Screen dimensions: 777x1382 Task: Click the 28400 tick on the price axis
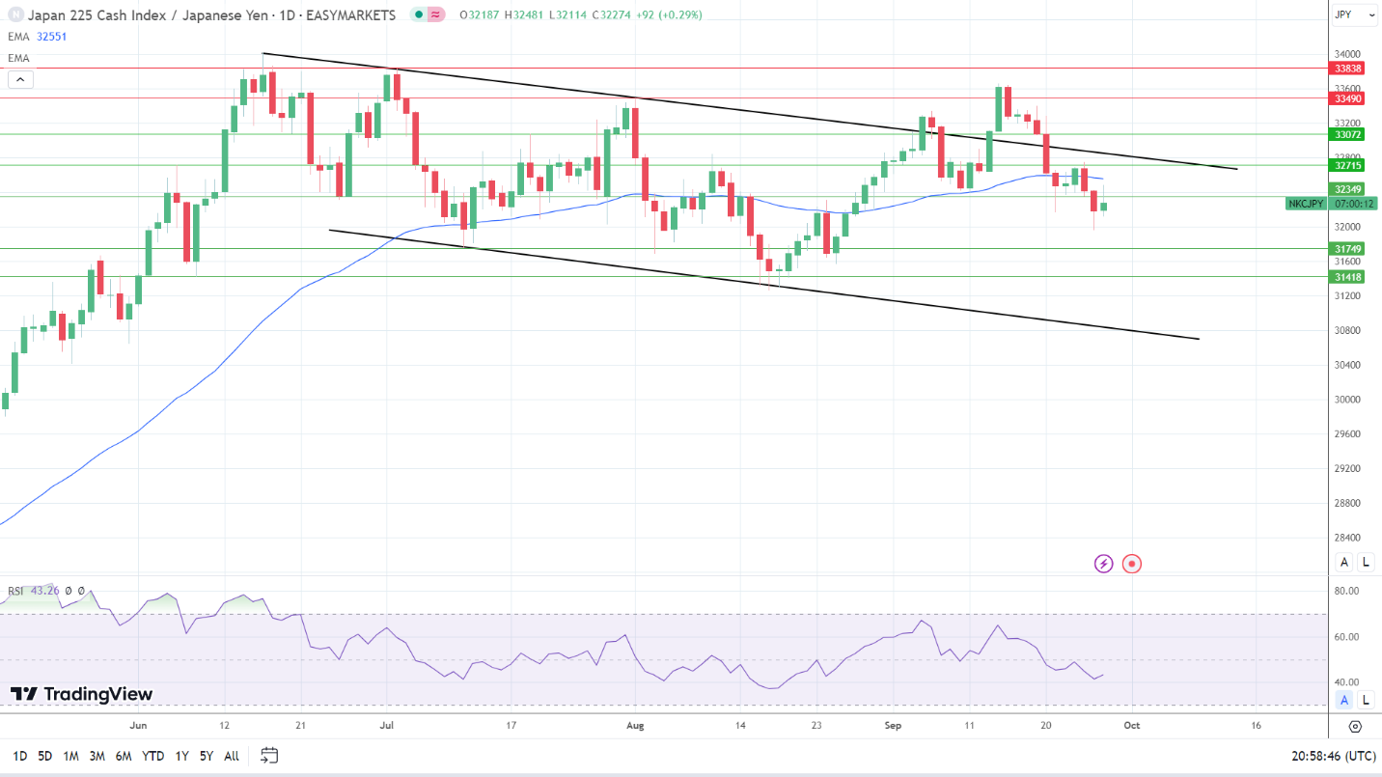1346,538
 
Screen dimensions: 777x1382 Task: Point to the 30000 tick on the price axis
1346,400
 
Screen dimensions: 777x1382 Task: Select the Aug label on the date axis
634,725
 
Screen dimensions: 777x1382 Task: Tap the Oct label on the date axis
1132,725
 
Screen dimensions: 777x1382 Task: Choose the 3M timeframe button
97,756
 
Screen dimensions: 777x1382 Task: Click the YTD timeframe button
152,756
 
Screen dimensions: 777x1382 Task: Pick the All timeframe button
231,756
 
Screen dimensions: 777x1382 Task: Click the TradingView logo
82,694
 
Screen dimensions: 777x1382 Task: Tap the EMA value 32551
52,37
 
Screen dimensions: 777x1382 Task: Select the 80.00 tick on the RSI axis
1346,591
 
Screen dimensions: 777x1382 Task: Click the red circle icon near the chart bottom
1132,564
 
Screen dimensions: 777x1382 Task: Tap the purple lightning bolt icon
1103,564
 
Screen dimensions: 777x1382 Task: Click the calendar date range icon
269,756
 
